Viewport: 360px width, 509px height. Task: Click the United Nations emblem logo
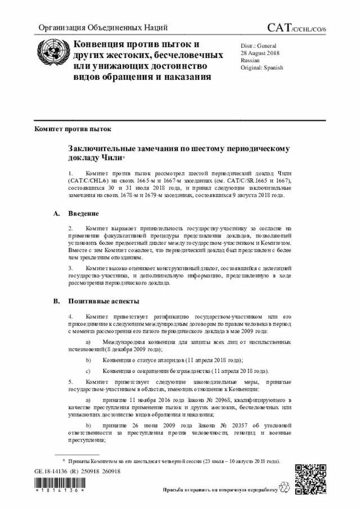pos(51,56)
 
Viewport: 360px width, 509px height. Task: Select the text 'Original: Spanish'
pos(262,67)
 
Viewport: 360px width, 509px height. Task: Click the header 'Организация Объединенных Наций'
pos(103,28)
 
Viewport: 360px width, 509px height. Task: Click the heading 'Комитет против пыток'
pos(73,129)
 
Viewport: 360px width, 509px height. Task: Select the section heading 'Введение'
pos(84,214)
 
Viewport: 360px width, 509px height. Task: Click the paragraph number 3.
pos(70,269)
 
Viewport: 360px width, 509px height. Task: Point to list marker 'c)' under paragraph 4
pos(87,371)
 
